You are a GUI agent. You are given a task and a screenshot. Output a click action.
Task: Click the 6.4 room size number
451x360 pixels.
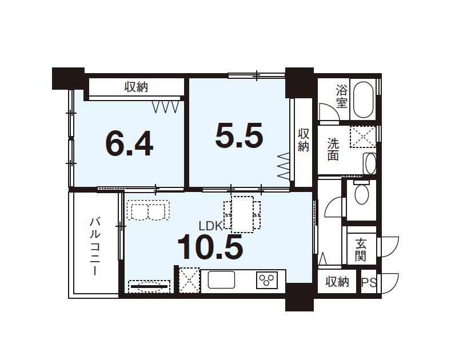129,143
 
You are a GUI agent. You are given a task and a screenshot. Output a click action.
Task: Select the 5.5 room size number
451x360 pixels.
239,135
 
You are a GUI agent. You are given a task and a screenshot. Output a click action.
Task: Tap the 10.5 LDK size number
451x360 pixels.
210,246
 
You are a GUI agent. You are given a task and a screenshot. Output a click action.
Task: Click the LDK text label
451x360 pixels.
211,226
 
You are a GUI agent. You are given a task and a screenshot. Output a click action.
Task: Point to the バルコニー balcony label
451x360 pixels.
95,247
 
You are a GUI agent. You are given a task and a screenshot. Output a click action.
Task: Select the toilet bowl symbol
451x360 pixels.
362,194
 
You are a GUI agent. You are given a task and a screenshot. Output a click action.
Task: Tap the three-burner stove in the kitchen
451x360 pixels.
267,280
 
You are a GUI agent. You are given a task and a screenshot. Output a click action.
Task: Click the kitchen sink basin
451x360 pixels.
221,280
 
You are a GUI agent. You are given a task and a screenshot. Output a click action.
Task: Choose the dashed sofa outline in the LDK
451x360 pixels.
148,210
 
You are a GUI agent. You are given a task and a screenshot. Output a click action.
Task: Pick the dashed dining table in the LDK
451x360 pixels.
242,214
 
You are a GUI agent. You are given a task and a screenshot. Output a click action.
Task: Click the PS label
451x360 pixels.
369,283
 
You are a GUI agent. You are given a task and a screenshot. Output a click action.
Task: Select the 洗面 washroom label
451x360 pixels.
333,149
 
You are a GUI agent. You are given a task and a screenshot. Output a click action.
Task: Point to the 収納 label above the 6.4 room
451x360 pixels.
137,87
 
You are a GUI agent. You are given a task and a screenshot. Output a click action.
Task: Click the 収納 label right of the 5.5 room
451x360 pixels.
304,140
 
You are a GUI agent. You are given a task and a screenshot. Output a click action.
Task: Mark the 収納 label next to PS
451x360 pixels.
337,282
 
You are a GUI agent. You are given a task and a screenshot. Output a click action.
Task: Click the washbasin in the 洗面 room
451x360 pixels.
369,163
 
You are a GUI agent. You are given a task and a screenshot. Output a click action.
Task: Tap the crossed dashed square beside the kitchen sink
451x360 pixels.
189,280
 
